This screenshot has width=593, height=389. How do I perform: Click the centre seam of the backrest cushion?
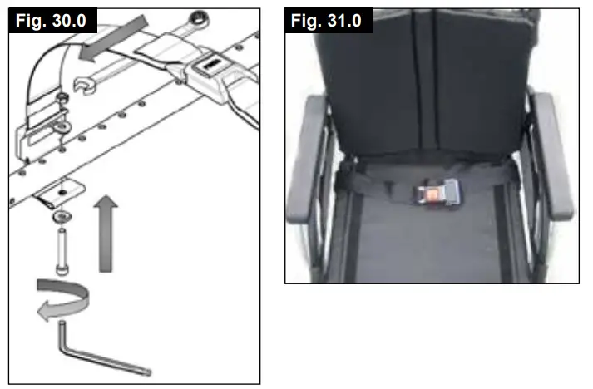(x=432, y=83)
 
